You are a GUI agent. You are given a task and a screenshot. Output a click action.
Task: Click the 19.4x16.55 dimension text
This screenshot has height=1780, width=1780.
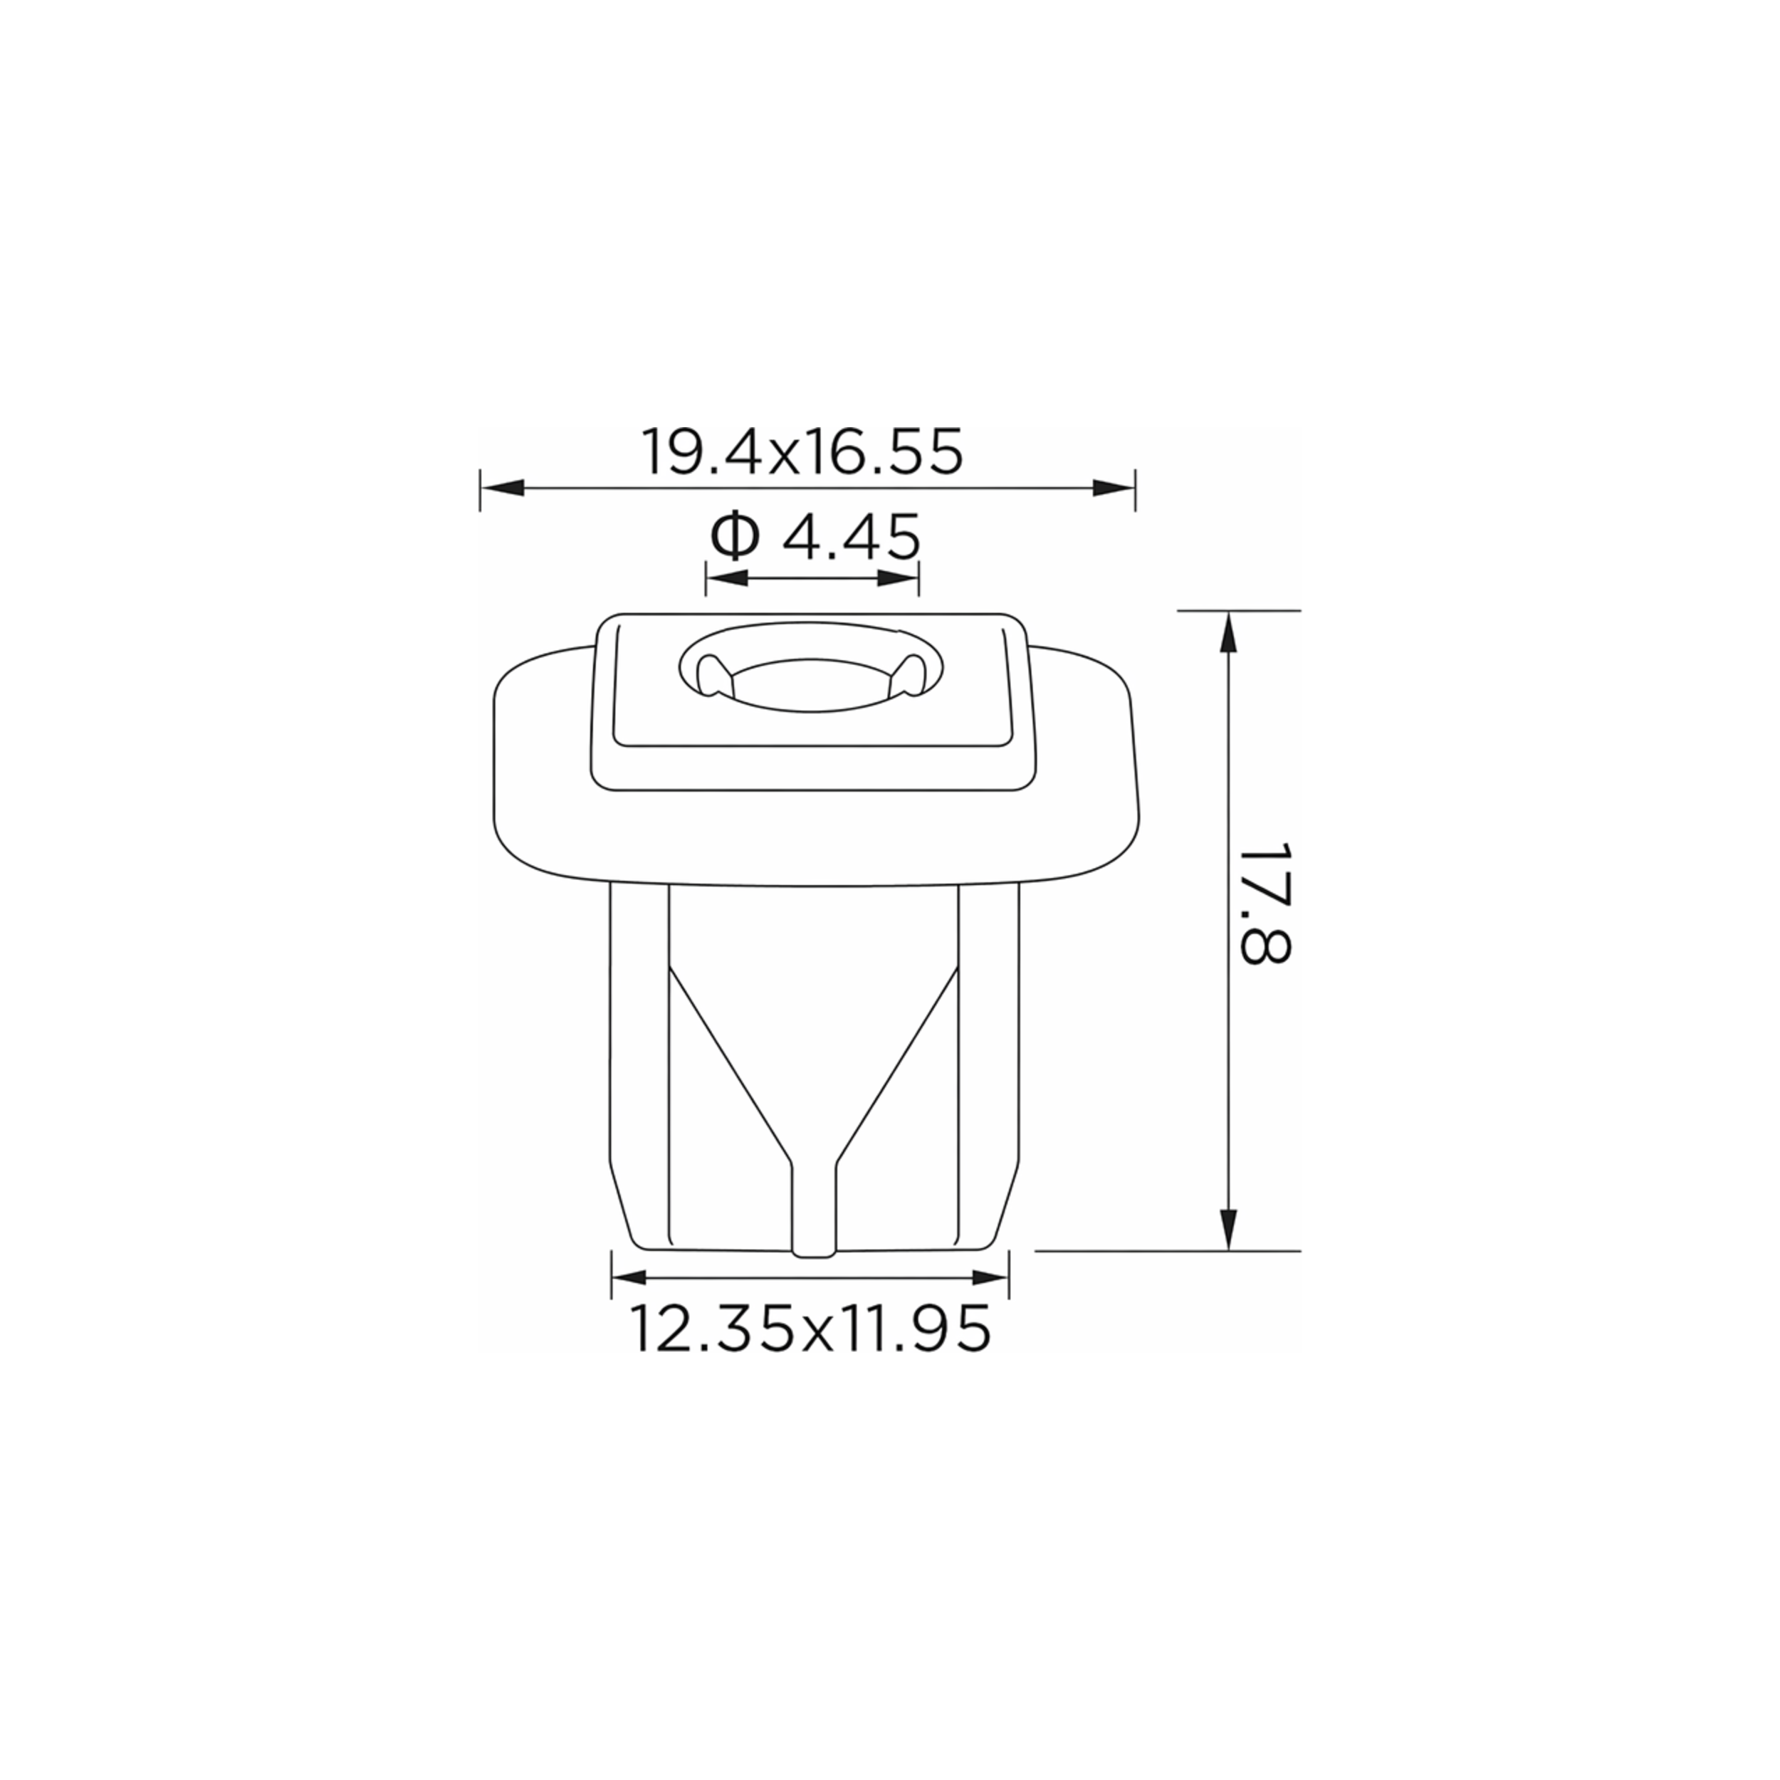[802, 451]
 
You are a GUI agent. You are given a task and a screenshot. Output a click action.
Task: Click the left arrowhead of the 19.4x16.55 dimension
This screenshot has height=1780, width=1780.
[502, 488]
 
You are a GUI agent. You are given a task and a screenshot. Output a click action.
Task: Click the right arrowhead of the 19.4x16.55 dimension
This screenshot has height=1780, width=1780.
[1113, 488]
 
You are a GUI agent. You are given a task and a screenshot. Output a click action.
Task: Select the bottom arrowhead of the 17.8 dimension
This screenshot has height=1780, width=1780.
[1228, 1228]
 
